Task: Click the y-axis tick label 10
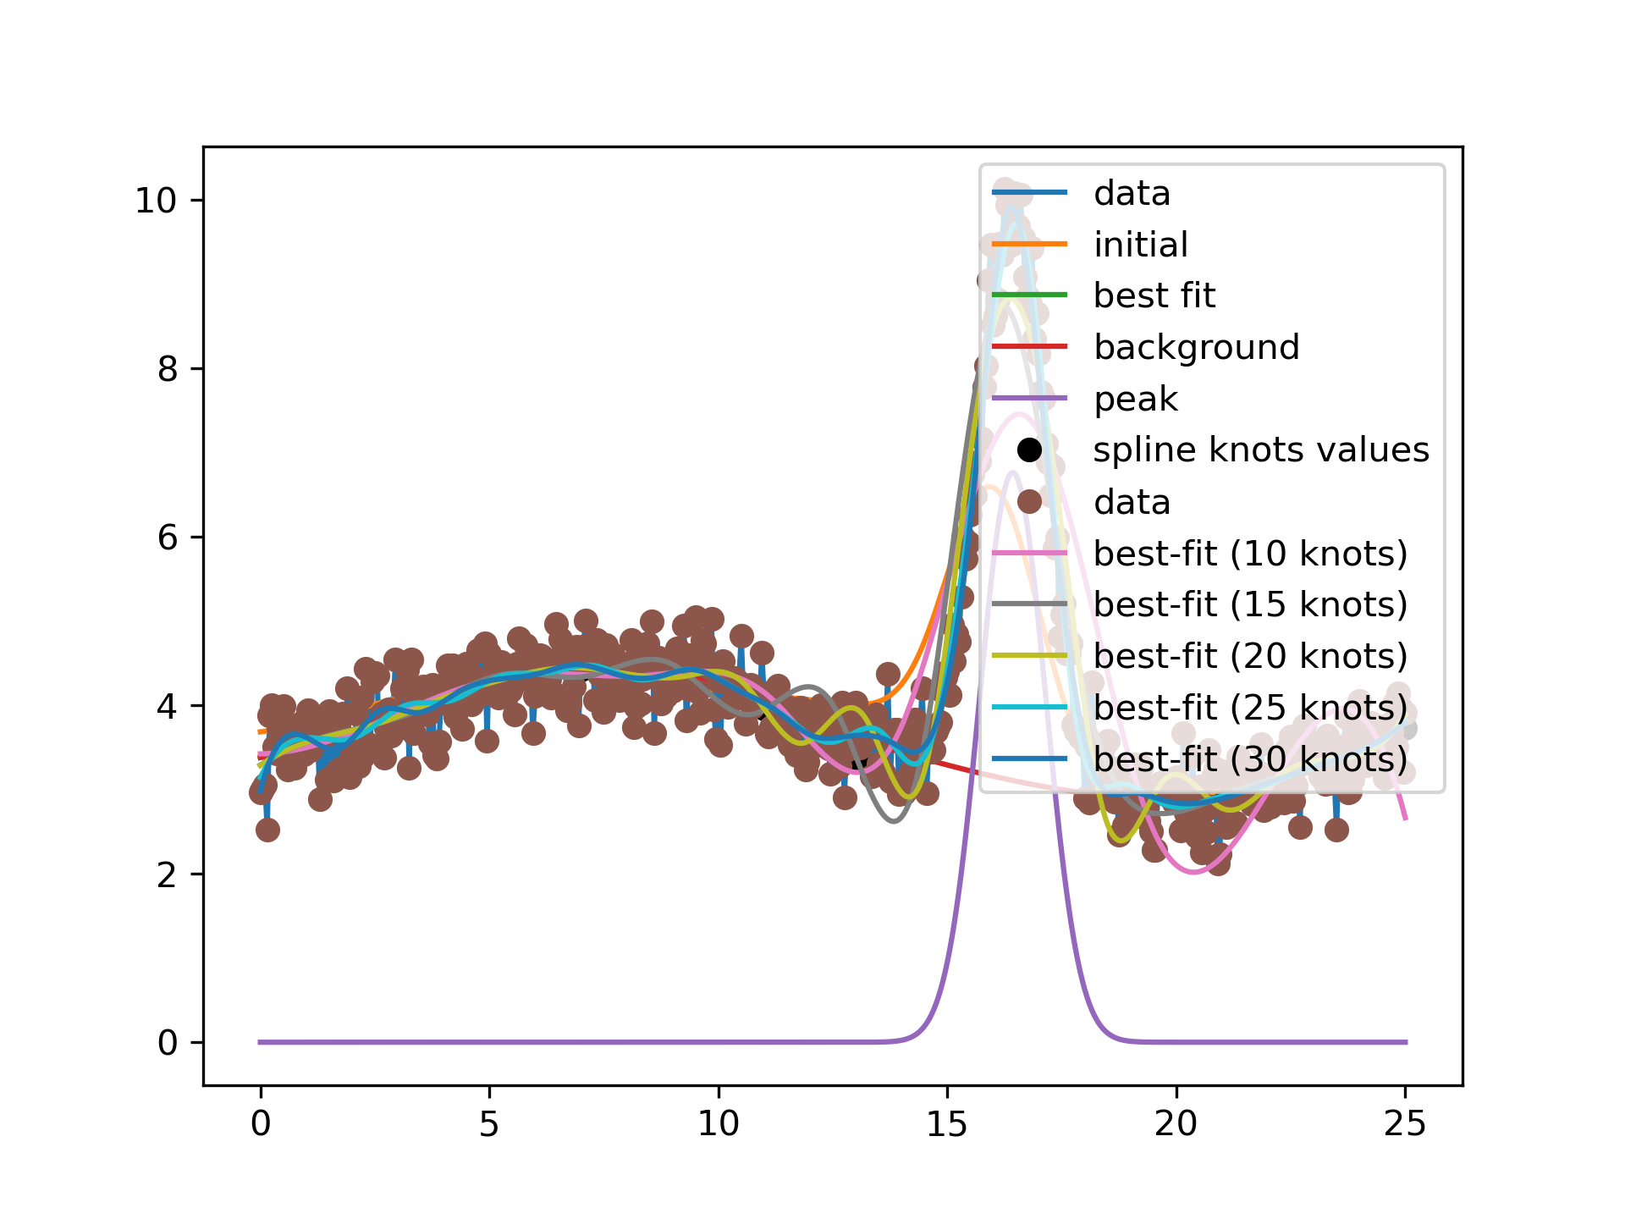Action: pyautogui.click(x=156, y=201)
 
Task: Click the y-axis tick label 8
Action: pyautogui.click(x=168, y=369)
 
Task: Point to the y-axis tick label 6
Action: pyautogui.click(x=168, y=538)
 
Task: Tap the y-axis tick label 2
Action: pyautogui.click(x=168, y=874)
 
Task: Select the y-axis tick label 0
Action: pyautogui.click(x=168, y=1043)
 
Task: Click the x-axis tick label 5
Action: pyautogui.click(x=489, y=1124)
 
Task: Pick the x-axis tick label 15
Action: pyautogui.click(x=947, y=1124)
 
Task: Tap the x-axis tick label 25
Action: pyautogui.click(x=1405, y=1124)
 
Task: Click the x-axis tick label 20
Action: pyautogui.click(x=1176, y=1124)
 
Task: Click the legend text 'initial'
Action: pyautogui.click(x=1140, y=245)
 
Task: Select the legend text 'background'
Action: pyautogui.click(x=1196, y=347)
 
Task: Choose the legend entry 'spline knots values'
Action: pyautogui.click(x=1260, y=450)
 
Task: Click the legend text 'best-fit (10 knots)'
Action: pyautogui.click(x=1250, y=553)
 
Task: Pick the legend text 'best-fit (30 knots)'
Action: pyautogui.click(x=1250, y=758)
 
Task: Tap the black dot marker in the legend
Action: pyautogui.click(x=1029, y=450)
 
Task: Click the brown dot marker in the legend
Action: pyautogui.click(x=1029, y=501)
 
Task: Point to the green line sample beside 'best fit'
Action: pyautogui.click(x=1029, y=295)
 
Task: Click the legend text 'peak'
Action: pyautogui.click(x=1135, y=399)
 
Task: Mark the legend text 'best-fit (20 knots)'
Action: pyautogui.click(x=1250, y=656)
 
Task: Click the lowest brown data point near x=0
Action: pyautogui.click(x=267, y=830)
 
